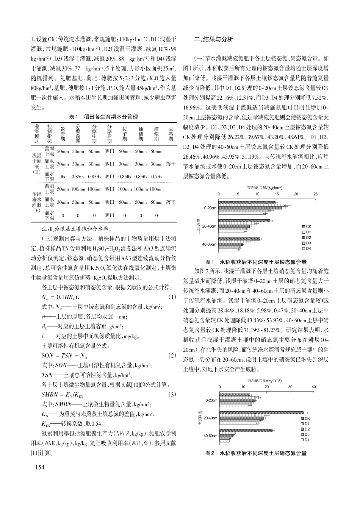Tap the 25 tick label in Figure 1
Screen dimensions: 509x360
coord(315,194)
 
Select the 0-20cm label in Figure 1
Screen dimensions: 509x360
coord(210,208)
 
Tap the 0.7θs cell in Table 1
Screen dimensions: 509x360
coord(156,176)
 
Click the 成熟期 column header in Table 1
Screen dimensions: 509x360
coord(171,134)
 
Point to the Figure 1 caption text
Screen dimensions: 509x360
coord(256,262)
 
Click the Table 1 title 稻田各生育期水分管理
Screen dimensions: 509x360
coord(103,117)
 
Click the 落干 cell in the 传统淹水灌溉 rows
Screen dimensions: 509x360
coord(171,202)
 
